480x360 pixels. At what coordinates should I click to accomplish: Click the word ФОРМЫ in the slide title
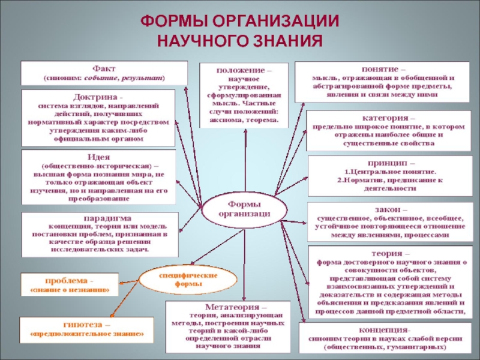click(173, 21)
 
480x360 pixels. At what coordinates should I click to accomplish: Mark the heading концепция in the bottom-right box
click(384, 330)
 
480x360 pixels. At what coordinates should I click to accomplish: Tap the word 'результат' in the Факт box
click(142, 79)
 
